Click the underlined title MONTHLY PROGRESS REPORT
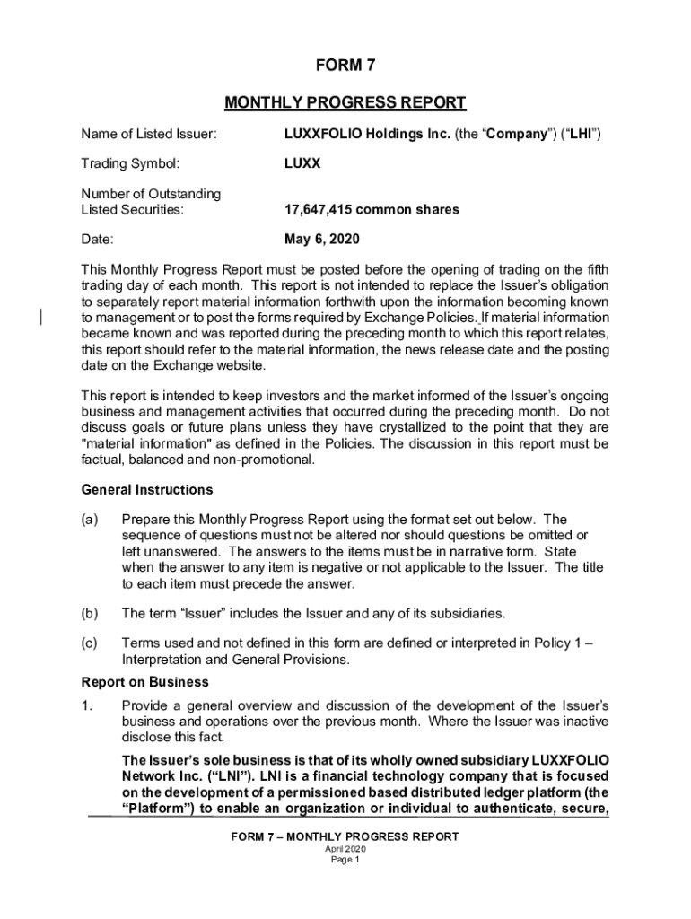tap(345, 102)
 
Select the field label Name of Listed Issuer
tap(148, 135)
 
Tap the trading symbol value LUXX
tap(302, 164)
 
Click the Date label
tap(98, 240)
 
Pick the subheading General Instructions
tap(147, 490)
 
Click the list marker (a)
tap(91, 520)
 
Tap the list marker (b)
tap(91, 614)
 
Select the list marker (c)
tap(91, 643)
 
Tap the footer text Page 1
tap(345, 859)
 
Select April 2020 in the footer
tap(345, 848)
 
